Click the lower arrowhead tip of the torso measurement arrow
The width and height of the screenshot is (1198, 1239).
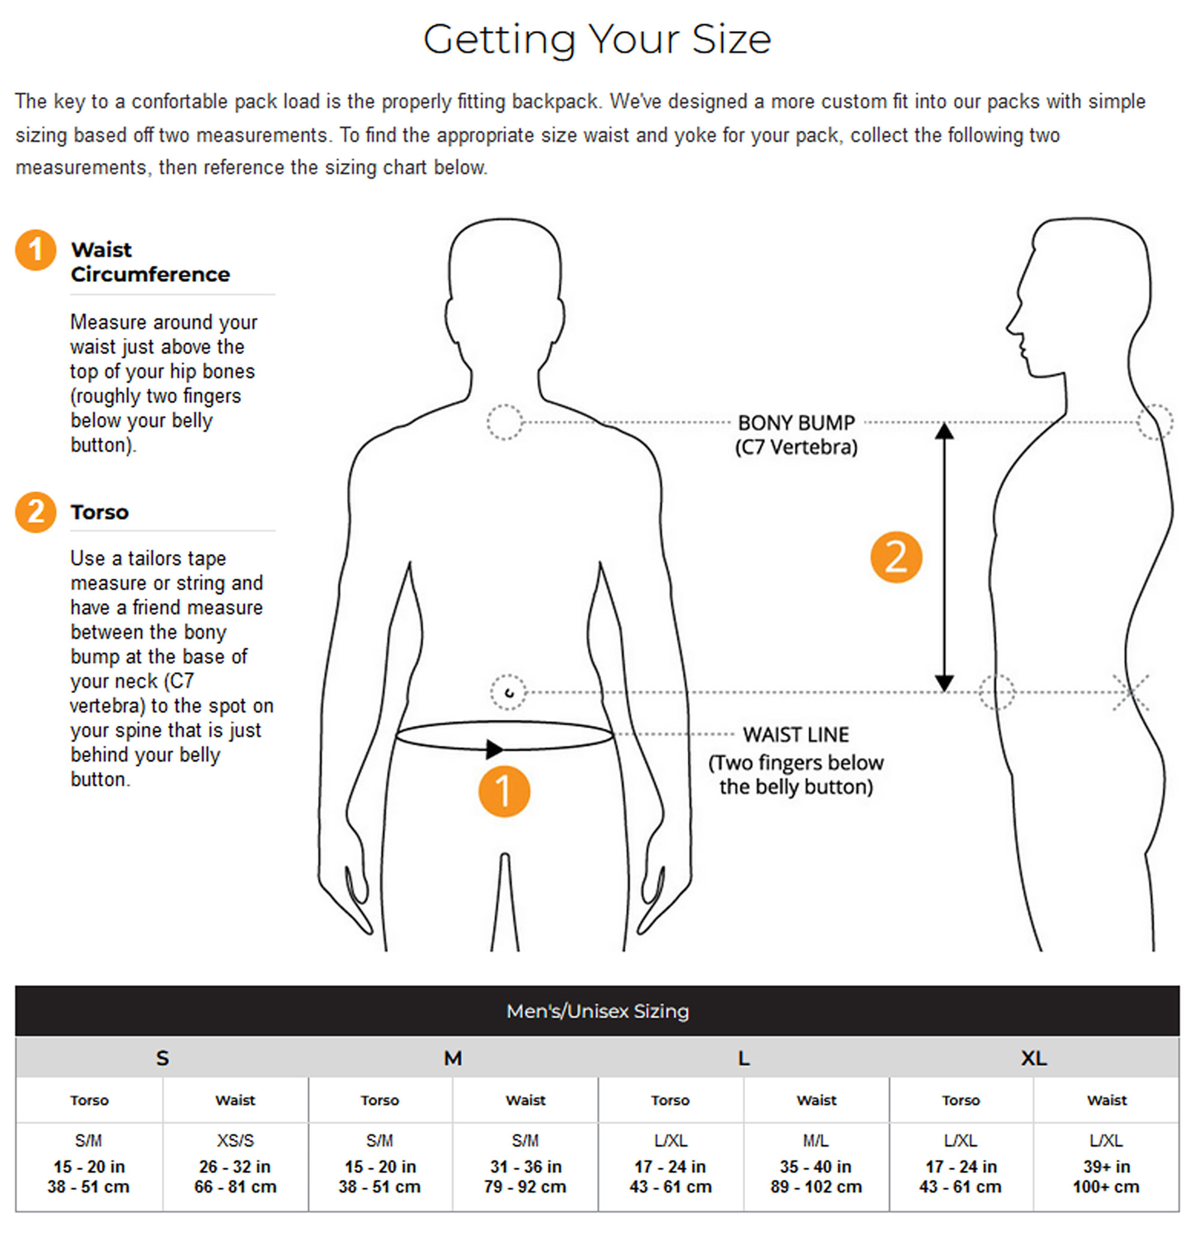[944, 692]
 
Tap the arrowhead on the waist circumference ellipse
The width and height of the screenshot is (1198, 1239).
[495, 749]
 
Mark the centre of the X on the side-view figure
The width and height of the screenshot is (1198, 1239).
[1130, 692]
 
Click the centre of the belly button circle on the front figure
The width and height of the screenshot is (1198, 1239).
[508, 692]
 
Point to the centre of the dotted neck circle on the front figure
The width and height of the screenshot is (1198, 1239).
[505, 422]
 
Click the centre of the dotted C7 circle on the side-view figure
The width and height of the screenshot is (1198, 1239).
[1155, 421]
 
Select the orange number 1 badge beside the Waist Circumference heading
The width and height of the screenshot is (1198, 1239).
[36, 250]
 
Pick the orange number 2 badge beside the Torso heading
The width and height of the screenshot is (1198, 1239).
[36, 512]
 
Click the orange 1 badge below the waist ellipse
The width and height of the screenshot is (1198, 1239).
[504, 791]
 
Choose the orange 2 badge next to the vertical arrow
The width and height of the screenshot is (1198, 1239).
[896, 557]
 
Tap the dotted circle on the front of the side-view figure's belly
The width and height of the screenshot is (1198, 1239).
[997, 692]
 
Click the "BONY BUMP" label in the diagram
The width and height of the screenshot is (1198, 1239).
[796, 422]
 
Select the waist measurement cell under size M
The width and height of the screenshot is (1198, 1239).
[525, 1167]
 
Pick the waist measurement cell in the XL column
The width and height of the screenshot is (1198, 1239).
[1106, 1167]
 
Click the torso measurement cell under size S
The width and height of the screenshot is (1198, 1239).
[89, 1167]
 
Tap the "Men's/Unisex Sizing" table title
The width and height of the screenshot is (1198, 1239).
[598, 1011]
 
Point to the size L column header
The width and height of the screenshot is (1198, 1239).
[744, 1057]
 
